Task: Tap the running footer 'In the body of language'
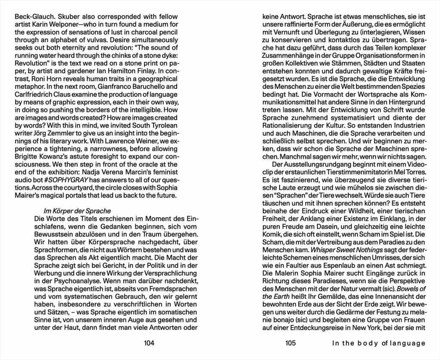(x=379, y=343)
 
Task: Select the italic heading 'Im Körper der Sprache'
(x=78, y=211)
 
